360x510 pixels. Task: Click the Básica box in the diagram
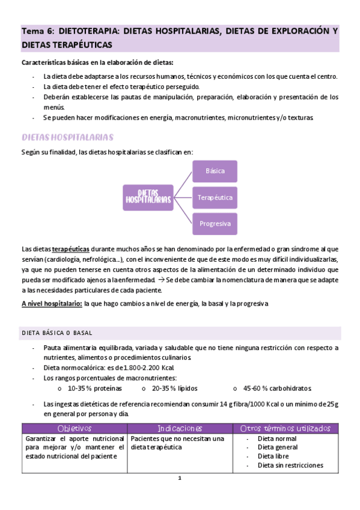point(215,171)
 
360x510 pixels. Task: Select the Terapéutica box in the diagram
point(215,197)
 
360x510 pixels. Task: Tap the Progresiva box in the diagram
point(215,224)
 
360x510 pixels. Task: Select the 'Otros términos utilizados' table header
point(285,428)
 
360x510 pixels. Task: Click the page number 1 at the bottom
point(179,479)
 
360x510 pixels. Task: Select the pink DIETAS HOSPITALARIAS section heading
point(67,138)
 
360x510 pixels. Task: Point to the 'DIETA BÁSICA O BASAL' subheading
point(57,333)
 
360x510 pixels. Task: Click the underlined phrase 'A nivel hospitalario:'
point(52,304)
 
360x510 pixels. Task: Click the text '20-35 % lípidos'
point(175,389)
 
